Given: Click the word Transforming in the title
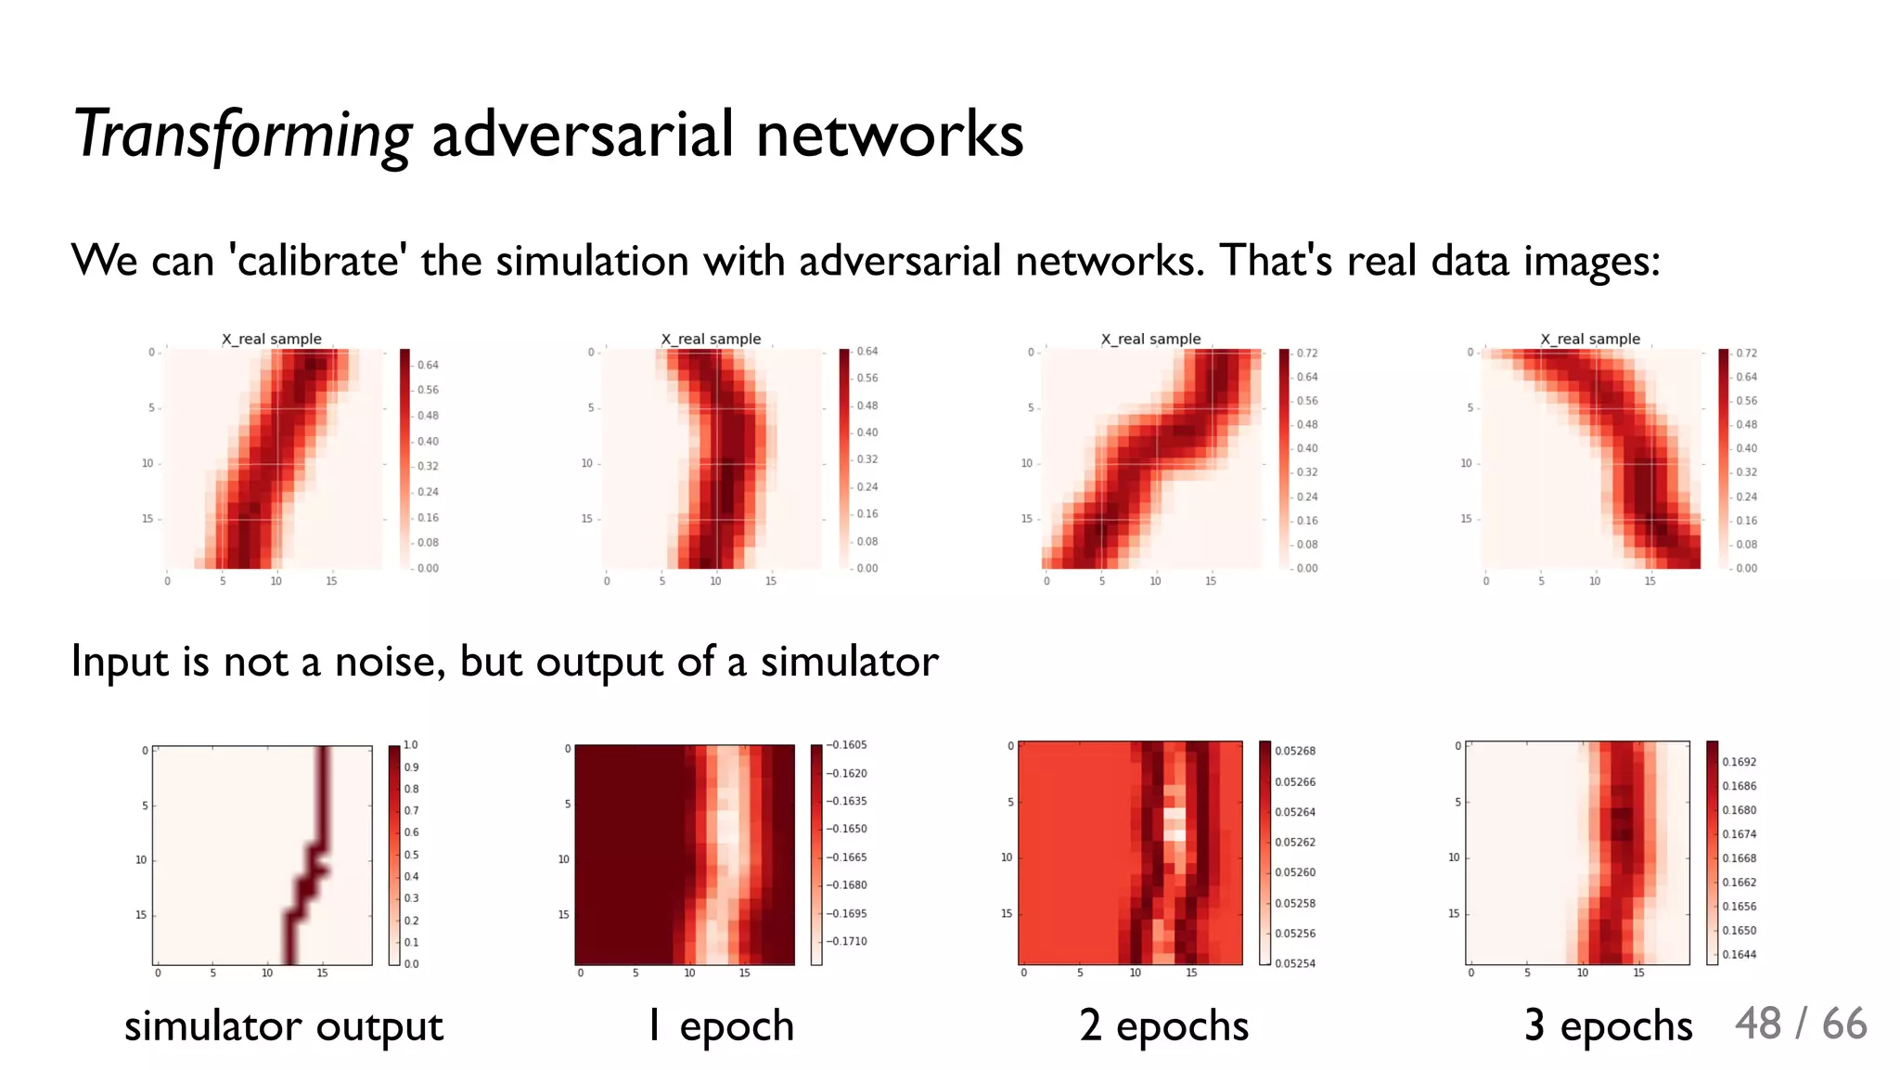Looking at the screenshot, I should [x=242, y=135].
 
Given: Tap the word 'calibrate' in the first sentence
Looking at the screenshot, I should [x=317, y=261].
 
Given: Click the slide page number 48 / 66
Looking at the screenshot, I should [x=1800, y=1024].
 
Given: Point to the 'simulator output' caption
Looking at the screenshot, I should [x=284, y=1026].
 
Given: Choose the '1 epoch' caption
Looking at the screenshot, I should [x=721, y=1026].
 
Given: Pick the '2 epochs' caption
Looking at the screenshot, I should [x=1164, y=1026].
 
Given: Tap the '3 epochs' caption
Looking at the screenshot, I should [x=1608, y=1026].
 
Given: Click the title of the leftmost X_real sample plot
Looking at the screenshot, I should [x=272, y=339].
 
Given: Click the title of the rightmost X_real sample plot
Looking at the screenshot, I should [x=1590, y=339].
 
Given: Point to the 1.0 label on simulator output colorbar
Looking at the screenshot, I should [x=411, y=745].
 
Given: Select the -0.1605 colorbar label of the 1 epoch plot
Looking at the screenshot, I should [x=847, y=745].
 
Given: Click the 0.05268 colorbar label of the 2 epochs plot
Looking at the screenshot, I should [x=1295, y=751].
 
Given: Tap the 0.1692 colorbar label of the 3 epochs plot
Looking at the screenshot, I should [x=1740, y=762].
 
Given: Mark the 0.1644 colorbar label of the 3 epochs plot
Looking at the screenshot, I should [x=1740, y=954].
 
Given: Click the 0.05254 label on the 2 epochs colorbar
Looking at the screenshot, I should [x=1295, y=963].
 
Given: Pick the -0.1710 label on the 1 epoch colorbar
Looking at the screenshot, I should [x=847, y=941].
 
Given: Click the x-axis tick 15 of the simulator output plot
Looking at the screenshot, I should [x=322, y=973].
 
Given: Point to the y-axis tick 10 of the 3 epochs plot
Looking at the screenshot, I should [x=1454, y=857].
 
